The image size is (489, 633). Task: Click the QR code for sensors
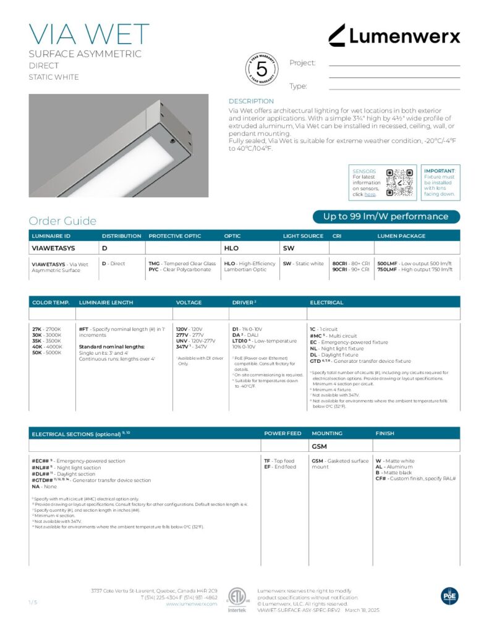click(399, 182)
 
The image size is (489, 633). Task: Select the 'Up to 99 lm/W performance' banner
click(386, 216)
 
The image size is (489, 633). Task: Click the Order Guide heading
click(62, 221)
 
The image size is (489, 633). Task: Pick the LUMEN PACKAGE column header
click(401, 236)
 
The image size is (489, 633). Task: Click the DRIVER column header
click(244, 302)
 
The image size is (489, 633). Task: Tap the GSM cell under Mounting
click(319, 445)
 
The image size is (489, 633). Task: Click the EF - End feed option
click(280, 467)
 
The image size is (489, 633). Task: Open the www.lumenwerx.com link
click(192, 604)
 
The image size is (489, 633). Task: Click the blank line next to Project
click(394, 65)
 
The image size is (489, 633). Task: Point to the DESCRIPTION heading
click(251, 101)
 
